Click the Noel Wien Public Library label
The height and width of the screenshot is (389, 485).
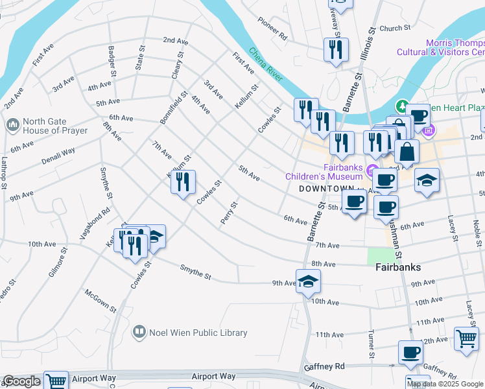(x=198, y=333)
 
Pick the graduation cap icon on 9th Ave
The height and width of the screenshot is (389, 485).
(x=308, y=281)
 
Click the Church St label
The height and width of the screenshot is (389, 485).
(x=396, y=28)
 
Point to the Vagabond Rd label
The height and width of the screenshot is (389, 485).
(x=96, y=224)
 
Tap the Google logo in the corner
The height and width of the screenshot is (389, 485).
(x=21, y=381)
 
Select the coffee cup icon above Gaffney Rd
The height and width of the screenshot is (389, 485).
(x=410, y=353)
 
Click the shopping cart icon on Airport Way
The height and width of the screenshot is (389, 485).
(x=56, y=381)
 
